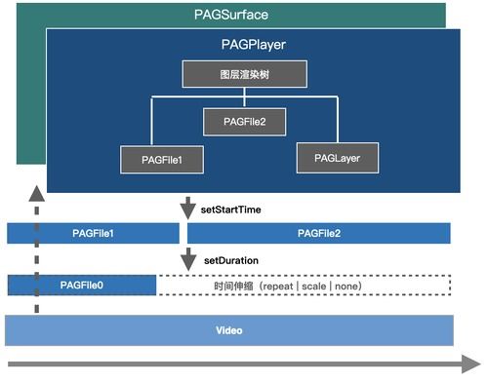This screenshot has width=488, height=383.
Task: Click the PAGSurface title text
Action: coord(230,15)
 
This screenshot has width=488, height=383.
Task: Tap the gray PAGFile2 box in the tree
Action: coord(244,122)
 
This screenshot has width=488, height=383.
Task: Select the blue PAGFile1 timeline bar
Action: coord(94,234)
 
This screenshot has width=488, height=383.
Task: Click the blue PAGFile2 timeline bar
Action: coord(318,234)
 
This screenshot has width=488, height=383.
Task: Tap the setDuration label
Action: coord(230,261)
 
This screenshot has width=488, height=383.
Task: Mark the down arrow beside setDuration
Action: coord(185,261)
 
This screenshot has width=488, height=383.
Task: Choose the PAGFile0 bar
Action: coord(82,285)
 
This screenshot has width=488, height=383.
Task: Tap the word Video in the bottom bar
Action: coord(228,330)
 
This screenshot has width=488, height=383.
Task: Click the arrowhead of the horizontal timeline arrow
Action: coord(471,364)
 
